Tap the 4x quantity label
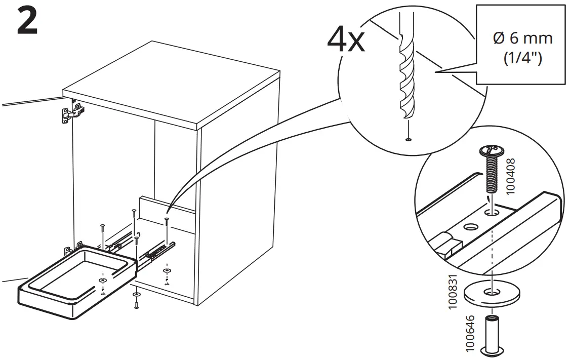click(345, 40)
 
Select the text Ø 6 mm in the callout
click(522, 38)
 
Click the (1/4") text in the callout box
click(523, 59)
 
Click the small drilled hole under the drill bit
click(408, 139)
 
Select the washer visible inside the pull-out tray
click(103, 279)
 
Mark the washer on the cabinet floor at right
click(166, 271)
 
